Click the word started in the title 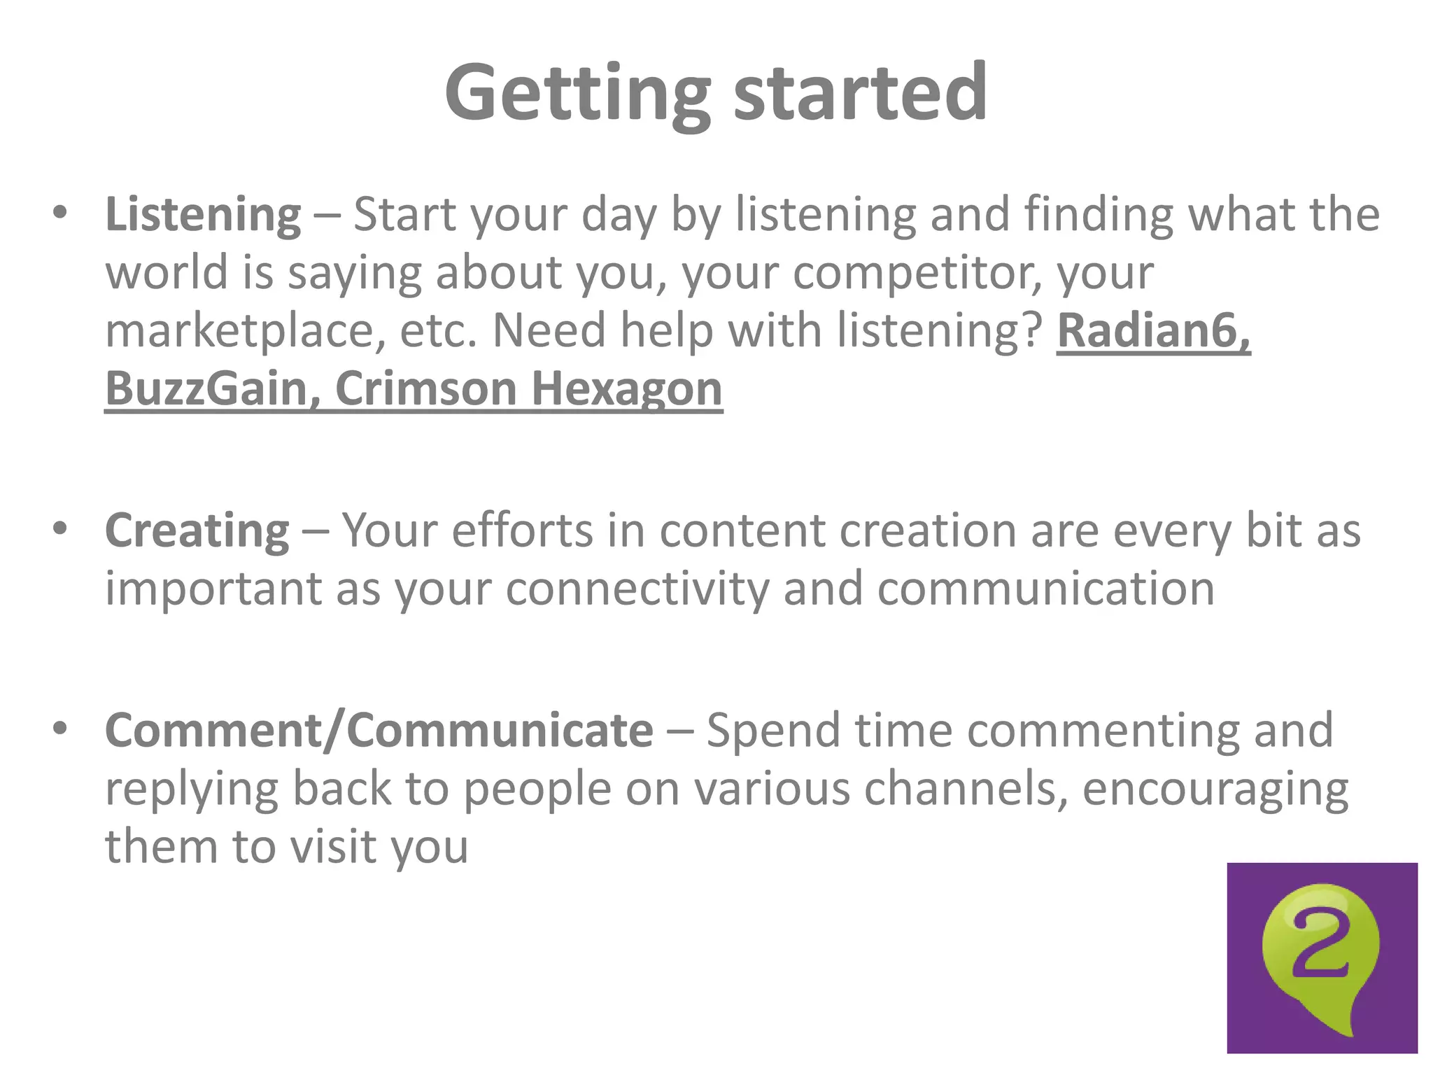click(860, 93)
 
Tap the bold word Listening click(203, 215)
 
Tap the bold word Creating click(197, 531)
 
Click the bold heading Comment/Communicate click(379, 731)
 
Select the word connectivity click(637, 589)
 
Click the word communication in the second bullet click(1045, 589)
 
